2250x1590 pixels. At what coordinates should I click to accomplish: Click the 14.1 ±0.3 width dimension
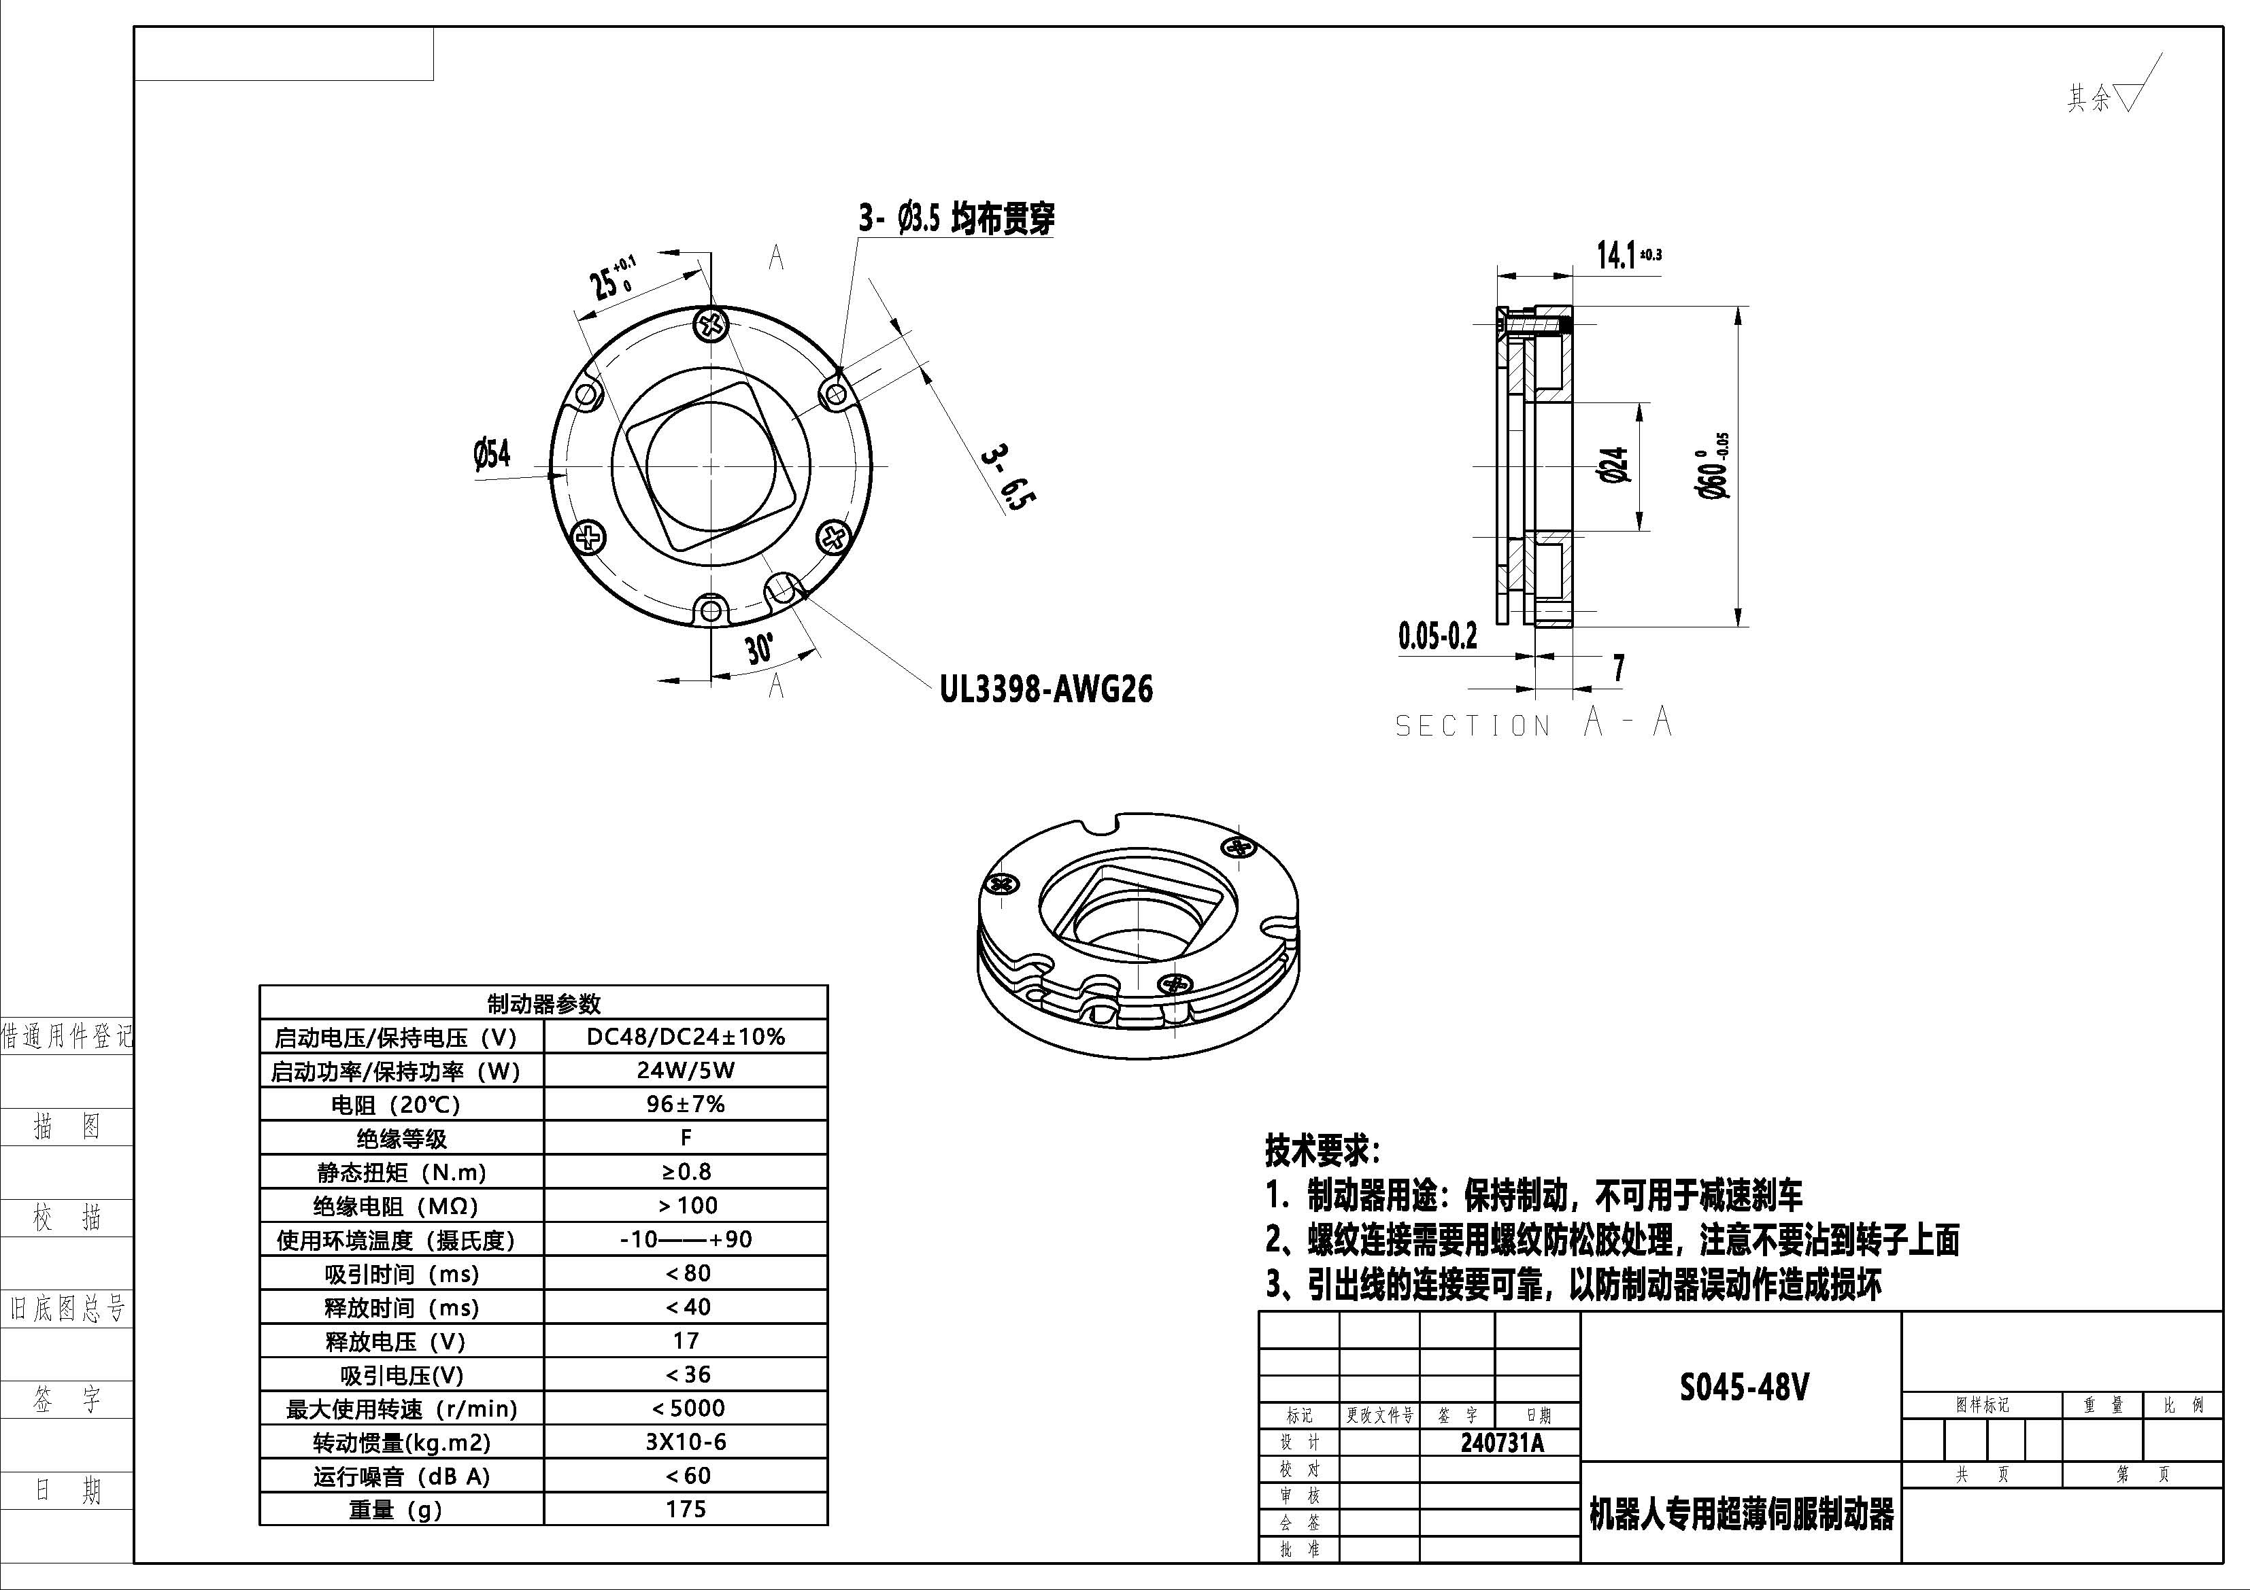pyautogui.click(x=1628, y=256)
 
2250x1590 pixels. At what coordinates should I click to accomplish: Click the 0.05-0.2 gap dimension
pyautogui.click(x=1437, y=637)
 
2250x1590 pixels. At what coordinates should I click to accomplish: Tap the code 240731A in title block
pyautogui.click(x=1501, y=1443)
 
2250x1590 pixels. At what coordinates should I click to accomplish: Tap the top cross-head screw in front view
pyautogui.click(x=711, y=324)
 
